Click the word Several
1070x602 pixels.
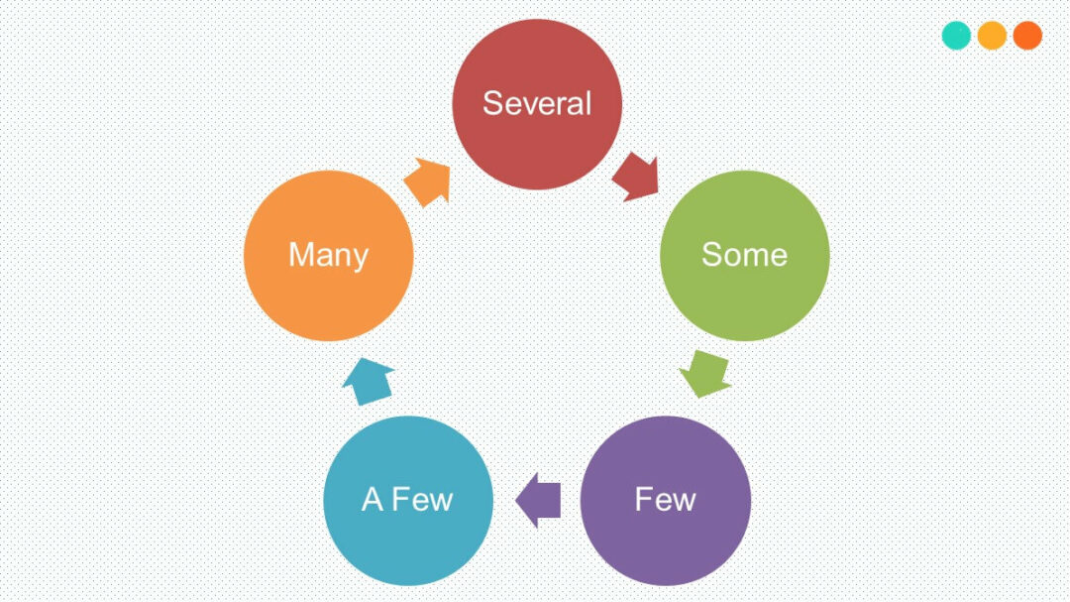pyautogui.click(x=536, y=103)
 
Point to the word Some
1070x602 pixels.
pyautogui.click(x=744, y=255)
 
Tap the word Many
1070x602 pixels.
pyautogui.click(x=328, y=256)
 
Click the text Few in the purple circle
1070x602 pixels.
pyautogui.click(x=665, y=499)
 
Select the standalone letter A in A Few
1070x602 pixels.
pyautogui.click(x=372, y=499)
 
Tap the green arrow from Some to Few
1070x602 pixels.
pyautogui.click(x=705, y=373)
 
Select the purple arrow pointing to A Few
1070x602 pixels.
pyautogui.click(x=539, y=499)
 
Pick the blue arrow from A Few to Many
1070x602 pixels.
pyautogui.click(x=369, y=380)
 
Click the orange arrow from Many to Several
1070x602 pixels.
pyautogui.click(x=428, y=182)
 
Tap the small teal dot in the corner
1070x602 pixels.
pyautogui.click(x=956, y=36)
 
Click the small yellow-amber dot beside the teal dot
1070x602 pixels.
pyautogui.click(x=992, y=36)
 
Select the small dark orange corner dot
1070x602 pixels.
pyautogui.click(x=1027, y=36)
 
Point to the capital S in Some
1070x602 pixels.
pyautogui.click(x=711, y=255)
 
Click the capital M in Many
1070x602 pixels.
pyautogui.click(x=300, y=256)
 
